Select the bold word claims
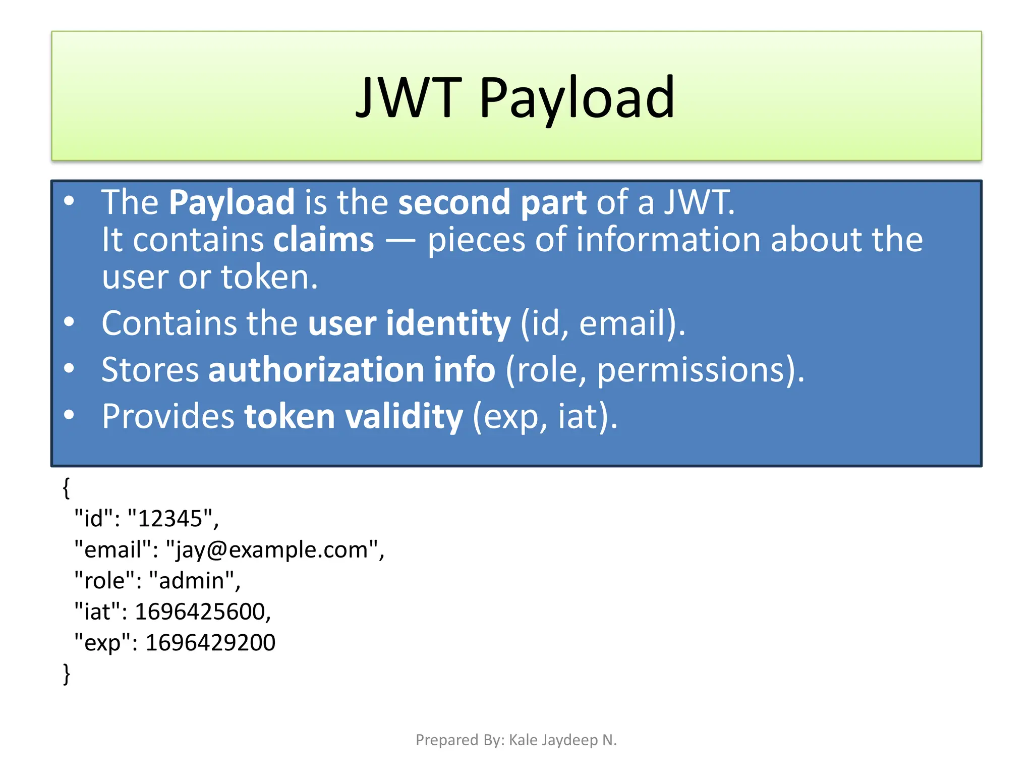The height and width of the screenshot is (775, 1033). pyautogui.click(x=323, y=240)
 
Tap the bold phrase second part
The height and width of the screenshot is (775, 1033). pyautogui.click(x=492, y=202)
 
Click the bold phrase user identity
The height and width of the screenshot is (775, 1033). pyautogui.click(x=409, y=323)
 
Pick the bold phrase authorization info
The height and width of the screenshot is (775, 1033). pyautogui.click(x=352, y=370)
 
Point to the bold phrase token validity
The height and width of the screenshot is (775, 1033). pyautogui.click(x=353, y=417)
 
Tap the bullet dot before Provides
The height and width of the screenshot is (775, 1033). pyautogui.click(x=69, y=415)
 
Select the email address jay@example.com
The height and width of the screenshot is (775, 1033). pyautogui.click(x=272, y=549)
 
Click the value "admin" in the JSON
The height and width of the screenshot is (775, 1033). pyautogui.click(x=192, y=581)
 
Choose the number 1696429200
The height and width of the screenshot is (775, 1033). pyautogui.click(x=210, y=643)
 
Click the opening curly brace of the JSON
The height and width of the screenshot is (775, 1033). pyautogui.click(x=66, y=487)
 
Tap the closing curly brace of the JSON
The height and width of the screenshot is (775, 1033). pyautogui.click(x=66, y=674)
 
